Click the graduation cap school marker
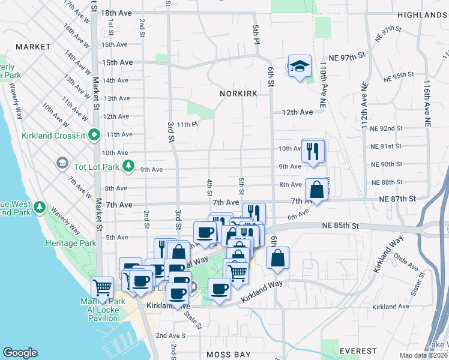point(299,67)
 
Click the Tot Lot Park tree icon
point(127,165)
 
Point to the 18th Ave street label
point(116,13)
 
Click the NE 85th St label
point(340,226)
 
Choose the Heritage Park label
point(71,244)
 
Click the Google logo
point(20,353)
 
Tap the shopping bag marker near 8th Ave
point(316,190)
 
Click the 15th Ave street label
point(117,62)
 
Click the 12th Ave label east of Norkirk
point(298,112)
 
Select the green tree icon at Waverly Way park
point(40,207)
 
